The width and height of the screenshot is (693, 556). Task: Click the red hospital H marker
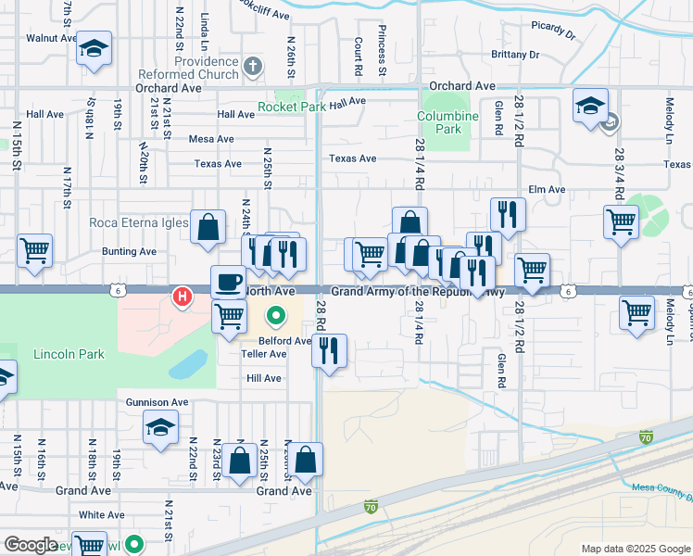pyautogui.click(x=183, y=297)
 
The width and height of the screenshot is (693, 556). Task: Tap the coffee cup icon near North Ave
pyautogui.click(x=228, y=282)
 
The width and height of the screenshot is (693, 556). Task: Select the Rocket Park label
pyautogui.click(x=292, y=107)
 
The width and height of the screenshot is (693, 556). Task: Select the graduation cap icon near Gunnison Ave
pyautogui.click(x=160, y=428)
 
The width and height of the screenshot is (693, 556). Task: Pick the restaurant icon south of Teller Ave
pyautogui.click(x=329, y=350)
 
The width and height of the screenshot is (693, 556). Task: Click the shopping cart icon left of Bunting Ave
pyautogui.click(x=34, y=250)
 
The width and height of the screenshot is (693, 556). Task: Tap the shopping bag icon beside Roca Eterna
pyautogui.click(x=208, y=226)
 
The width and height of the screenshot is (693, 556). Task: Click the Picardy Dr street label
pyautogui.click(x=555, y=31)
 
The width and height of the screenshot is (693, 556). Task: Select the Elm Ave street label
pyautogui.click(x=546, y=190)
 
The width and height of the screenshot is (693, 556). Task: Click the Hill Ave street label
pyautogui.click(x=263, y=378)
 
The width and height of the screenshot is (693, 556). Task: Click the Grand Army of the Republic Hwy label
pyautogui.click(x=418, y=291)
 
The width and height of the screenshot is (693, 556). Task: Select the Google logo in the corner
pyautogui.click(x=31, y=545)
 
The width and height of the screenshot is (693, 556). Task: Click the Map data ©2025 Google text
pyautogui.click(x=635, y=549)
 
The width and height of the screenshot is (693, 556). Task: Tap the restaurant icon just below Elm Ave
pyautogui.click(x=508, y=215)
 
